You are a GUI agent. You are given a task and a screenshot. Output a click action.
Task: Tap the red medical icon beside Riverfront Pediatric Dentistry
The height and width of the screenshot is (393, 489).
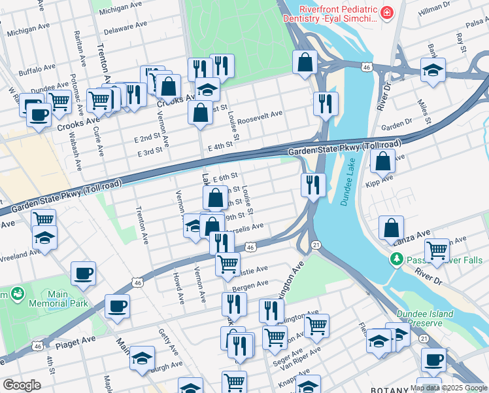(x=388, y=13)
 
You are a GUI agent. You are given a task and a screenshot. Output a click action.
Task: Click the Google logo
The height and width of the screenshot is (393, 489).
(x=21, y=384)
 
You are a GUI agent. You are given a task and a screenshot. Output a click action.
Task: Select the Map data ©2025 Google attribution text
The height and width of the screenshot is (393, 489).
(x=448, y=388)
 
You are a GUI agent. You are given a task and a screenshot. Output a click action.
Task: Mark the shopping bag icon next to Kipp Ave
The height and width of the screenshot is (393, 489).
(x=382, y=161)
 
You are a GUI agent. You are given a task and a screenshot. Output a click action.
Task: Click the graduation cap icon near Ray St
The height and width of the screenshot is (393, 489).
(x=432, y=69)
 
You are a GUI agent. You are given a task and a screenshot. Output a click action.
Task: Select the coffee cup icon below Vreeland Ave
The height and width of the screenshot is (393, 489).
(x=83, y=273)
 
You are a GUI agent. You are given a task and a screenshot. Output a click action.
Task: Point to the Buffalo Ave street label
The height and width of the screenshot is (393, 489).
(x=37, y=69)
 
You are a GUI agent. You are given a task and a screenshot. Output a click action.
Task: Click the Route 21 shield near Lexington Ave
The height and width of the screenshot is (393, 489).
(x=315, y=244)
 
